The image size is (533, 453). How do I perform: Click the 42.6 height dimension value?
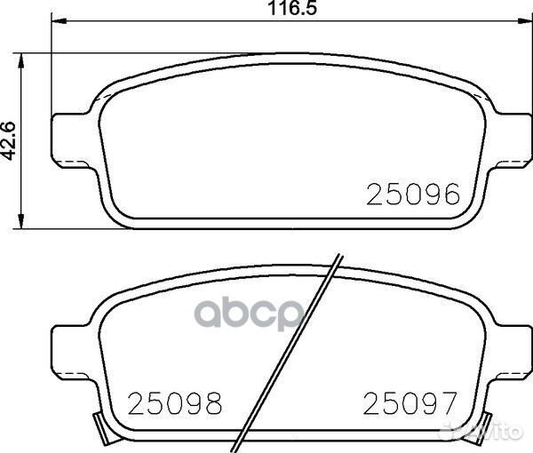coord(10,139)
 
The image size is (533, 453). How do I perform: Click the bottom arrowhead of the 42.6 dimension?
coord(22,221)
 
